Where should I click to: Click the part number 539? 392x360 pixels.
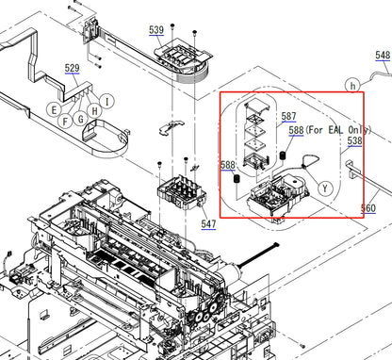155,30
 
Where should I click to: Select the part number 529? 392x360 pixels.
72,69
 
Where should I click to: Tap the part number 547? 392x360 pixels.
208,224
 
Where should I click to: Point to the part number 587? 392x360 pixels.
289,116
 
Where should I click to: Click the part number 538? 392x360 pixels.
353,140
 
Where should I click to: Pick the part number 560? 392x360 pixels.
367,208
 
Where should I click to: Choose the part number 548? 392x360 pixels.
382,57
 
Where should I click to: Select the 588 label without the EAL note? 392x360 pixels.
227,165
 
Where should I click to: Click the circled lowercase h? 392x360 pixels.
353,84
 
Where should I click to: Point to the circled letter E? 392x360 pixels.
56,109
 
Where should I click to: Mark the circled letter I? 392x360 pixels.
107,101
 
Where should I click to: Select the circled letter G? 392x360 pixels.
82,118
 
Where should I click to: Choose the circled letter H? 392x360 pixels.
94,110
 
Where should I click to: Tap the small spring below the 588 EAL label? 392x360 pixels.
282,155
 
